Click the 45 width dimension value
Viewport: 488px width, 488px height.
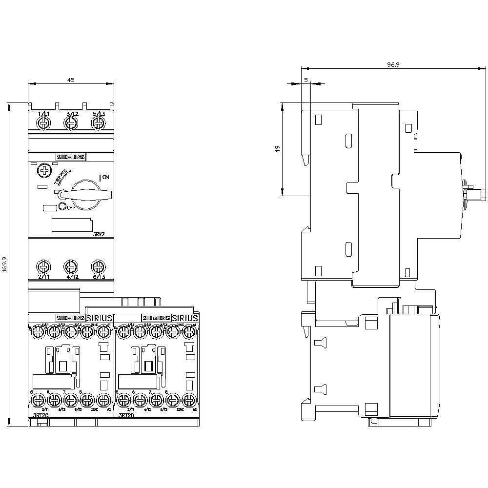pos(71,81)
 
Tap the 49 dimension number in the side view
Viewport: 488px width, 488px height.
pos(278,149)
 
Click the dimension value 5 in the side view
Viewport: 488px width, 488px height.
pos(305,79)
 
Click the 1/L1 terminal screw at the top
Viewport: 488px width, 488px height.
pos(44,123)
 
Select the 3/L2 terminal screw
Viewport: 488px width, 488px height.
pos(71,123)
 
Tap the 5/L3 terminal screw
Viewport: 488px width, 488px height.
pos(99,123)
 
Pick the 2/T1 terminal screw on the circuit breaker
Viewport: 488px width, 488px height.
pos(44,267)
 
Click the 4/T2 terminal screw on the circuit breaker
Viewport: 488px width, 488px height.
pos(71,267)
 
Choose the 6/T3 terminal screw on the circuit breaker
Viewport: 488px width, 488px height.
pos(99,267)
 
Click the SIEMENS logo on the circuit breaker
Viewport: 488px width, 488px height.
pos(71,157)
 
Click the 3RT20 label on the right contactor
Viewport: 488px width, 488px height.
pos(126,416)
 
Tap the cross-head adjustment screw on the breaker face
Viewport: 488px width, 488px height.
pos(44,171)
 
